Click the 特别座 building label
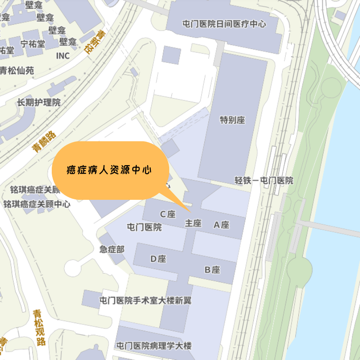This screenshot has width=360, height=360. click(232, 120)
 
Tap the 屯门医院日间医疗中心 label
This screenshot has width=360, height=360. click(224, 24)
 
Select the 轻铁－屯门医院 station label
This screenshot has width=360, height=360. click(264, 180)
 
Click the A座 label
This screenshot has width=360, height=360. click(221, 225)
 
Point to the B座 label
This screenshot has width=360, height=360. click(212, 270)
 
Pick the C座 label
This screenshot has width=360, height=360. click(168, 214)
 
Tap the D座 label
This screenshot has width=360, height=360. click(158, 259)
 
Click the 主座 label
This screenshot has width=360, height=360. click(193, 223)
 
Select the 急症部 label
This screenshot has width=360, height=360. click(112, 249)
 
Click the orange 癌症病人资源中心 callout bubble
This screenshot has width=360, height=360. click(110, 171)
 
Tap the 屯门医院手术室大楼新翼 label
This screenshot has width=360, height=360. click(145, 300)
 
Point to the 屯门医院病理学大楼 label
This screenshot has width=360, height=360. click(154, 346)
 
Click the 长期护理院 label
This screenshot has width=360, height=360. click(39, 103)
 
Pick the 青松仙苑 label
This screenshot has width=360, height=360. click(17, 71)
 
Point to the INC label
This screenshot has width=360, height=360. click(63, 56)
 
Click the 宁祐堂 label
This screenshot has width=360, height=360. click(32, 44)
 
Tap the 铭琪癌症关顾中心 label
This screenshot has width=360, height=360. click(37, 204)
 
